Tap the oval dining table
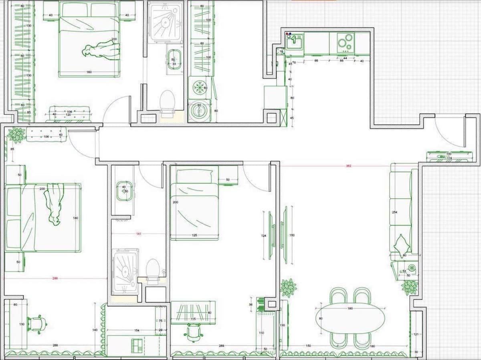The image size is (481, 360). click(x=350, y=318)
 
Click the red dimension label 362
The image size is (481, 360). click(x=348, y=165)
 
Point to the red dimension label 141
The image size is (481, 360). click(x=139, y=233)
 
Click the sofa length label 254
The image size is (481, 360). click(x=394, y=212)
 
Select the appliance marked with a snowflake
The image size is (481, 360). click(x=199, y=88)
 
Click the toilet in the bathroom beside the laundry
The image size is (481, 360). click(x=167, y=101)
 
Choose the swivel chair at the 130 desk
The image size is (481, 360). click(x=37, y=324)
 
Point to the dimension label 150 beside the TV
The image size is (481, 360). click(x=292, y=235)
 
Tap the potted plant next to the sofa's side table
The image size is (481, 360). click(x=410, y=287)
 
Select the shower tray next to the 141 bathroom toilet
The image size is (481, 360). click(x=125, y=272)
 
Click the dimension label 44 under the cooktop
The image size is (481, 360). click(x=345, y=58)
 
